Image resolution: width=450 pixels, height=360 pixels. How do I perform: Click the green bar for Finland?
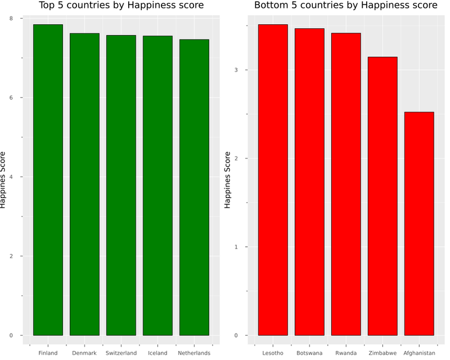point(48,180)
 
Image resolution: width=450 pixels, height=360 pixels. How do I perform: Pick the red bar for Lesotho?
point(273,180)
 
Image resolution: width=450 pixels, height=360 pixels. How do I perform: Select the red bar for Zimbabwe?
point(382,196)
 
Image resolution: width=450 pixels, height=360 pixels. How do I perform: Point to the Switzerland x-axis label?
point(121,353)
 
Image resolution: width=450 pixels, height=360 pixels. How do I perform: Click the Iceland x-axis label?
point(157,353)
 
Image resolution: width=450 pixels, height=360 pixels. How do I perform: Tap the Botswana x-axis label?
point(309,353)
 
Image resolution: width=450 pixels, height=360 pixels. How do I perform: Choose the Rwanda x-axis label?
point(346,353)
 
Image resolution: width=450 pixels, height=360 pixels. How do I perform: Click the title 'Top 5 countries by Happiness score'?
point(121,6)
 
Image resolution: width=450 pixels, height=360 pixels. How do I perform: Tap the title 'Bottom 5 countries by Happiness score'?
point(345,6)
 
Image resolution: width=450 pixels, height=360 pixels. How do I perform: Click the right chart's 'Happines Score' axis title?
point(228,180)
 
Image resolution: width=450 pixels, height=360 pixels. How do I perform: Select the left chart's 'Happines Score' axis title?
point(3,180)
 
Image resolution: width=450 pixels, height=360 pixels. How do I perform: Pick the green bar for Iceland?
point(157,186)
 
